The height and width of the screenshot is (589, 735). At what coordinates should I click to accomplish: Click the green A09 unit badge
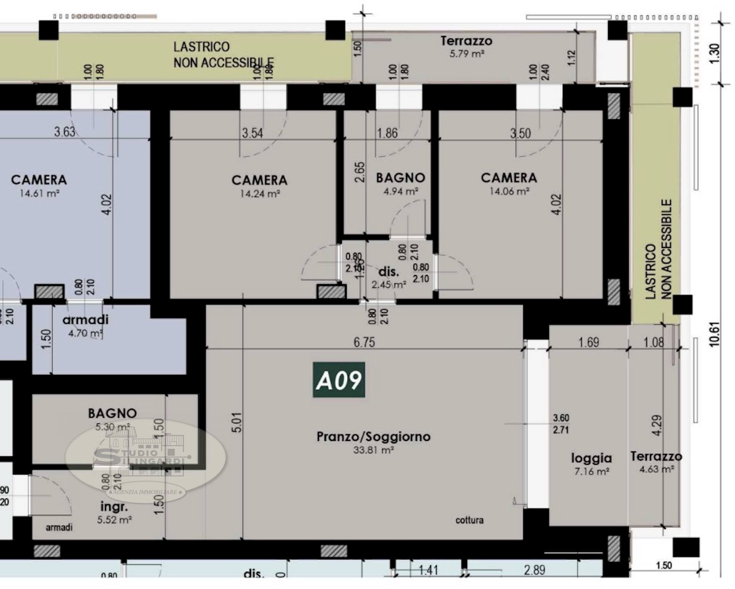(x=339, y=380)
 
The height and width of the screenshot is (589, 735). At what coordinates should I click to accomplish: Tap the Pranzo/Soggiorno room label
(x=373, y=436)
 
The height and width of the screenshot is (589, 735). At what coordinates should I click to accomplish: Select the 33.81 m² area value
(x=373, y=450)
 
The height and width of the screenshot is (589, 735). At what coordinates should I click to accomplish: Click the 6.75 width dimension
(x=364, y=342)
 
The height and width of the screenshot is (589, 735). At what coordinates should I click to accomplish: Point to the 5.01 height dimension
(x=237, y=422)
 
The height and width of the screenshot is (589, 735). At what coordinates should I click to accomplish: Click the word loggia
(x=591, y=458)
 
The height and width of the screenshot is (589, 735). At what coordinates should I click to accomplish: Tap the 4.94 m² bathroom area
(x=400, y=191)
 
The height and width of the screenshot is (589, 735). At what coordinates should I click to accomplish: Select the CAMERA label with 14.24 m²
(x=259, y=180)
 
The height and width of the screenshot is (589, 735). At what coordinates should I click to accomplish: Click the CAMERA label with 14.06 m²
(x=509, y=178)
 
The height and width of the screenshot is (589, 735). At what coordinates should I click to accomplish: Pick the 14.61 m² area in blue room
(x=39, y=193)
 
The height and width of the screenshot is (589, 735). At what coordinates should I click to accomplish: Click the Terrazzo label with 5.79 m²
(x=466, y=41)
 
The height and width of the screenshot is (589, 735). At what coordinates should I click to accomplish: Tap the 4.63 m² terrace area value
(x=656, y=469)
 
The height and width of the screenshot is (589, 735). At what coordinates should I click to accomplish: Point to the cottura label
(x=469, y=520)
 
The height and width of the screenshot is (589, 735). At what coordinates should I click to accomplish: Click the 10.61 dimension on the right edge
(x=714, y=334)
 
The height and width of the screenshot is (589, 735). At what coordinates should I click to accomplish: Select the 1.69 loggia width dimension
(x=588, y=342)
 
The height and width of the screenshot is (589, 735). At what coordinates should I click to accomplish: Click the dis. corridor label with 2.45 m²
(x=389, y=272)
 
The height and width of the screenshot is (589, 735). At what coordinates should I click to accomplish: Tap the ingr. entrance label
(x=114, y=507)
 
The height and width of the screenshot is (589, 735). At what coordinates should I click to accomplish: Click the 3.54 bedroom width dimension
(x=252, y=133)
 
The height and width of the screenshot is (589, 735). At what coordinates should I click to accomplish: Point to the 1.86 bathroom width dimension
(x=387, y=133)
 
